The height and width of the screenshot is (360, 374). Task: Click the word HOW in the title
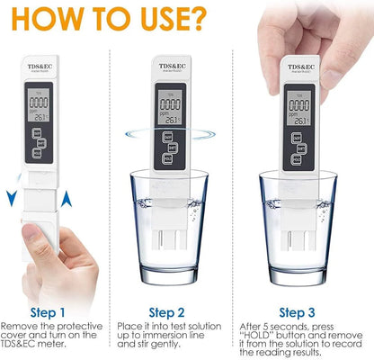click(x=113, y=18)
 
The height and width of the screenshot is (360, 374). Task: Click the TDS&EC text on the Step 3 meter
click(x=299, y=66)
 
